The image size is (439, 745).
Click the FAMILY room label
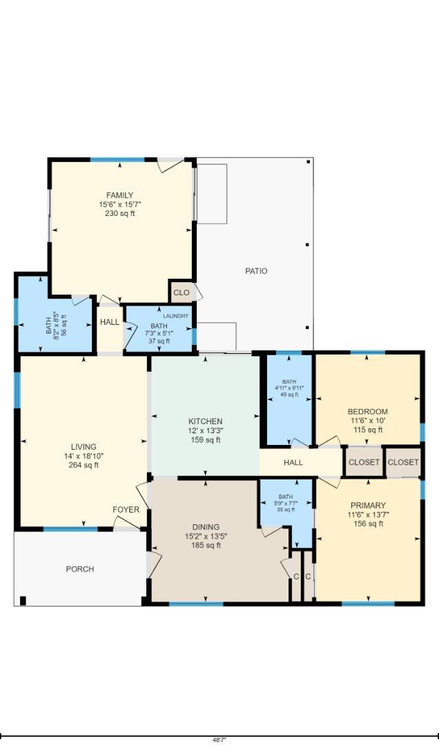[119, 195]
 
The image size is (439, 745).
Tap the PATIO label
[256, 271]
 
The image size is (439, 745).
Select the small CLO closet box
[181, 292]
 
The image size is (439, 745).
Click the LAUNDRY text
[175, 316]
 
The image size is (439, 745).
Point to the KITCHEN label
[205, 421]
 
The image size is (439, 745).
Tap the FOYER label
[126, 510]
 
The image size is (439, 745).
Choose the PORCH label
[79, 569]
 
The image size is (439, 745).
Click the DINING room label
[205, 528]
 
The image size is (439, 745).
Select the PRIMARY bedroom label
[367, 506]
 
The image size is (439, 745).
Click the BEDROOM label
[367, 412]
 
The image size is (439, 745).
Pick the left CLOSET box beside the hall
[363, 462]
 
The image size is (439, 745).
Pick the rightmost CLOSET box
[403, 462]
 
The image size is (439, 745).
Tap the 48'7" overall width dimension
[219, 739]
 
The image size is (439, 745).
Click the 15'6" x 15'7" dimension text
[119, 204]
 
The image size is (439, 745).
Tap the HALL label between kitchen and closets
[293, 463]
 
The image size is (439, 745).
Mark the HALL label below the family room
[109, 322]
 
